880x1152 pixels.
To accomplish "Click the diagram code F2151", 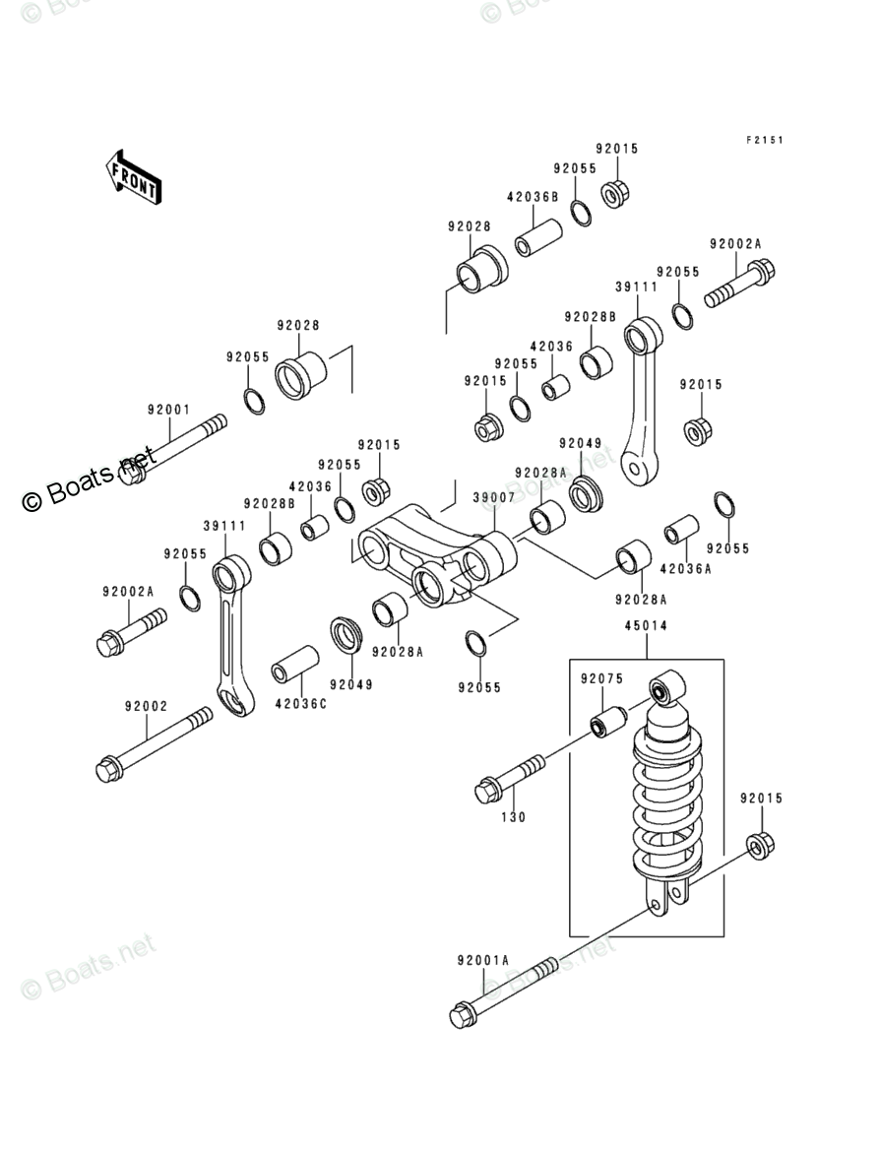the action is click(765, 140).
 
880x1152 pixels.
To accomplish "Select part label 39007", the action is click(493, 498).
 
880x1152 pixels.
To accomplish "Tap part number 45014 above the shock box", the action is click(646, 626).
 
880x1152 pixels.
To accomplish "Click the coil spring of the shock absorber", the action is click(667, 808).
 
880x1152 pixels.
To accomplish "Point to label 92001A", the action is click(482, 960).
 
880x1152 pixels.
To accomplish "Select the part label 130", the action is click(514, 817).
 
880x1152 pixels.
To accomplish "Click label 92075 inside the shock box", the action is click(601, 678).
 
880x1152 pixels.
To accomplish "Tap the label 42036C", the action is click(300, 704).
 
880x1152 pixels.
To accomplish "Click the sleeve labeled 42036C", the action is click(295, 665).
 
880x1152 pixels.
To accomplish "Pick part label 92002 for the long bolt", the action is click(147, 706).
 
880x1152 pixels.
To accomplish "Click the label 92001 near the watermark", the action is click(169, 410).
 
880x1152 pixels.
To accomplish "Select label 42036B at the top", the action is click(533, 197).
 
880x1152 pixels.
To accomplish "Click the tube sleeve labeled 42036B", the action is click(538, 236).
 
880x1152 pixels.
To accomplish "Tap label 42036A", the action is click(685, 569).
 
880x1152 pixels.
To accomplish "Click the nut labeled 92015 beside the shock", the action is click(762, 845).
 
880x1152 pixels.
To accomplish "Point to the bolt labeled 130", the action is click(511, 778).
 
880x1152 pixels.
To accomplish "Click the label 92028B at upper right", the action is click(590, 317).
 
